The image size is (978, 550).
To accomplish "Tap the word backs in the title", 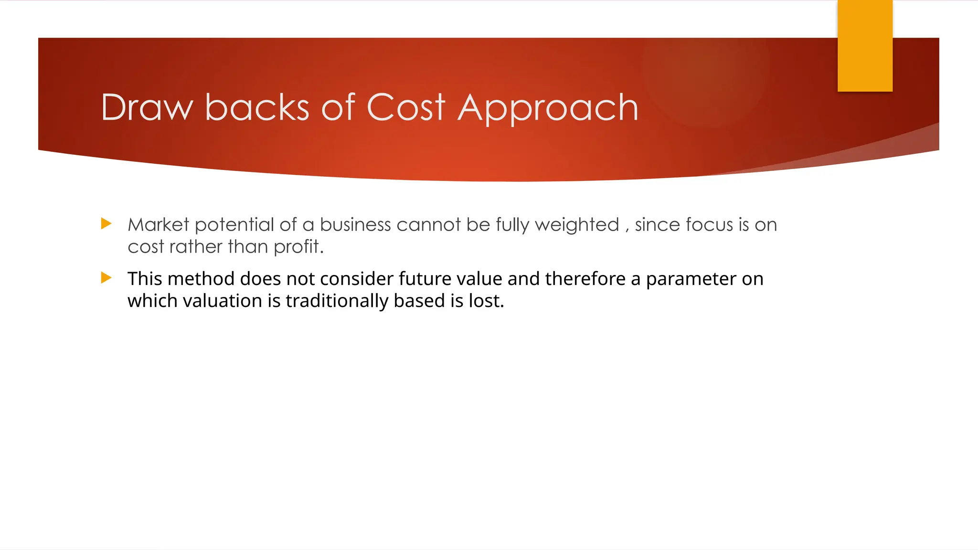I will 257,107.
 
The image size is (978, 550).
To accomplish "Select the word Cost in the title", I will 406,107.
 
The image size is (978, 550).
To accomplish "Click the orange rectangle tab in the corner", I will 865,46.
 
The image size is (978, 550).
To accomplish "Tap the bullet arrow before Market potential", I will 106,223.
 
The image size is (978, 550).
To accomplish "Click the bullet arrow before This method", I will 106,277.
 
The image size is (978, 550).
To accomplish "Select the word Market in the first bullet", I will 159,224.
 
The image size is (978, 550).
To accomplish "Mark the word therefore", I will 585,279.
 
